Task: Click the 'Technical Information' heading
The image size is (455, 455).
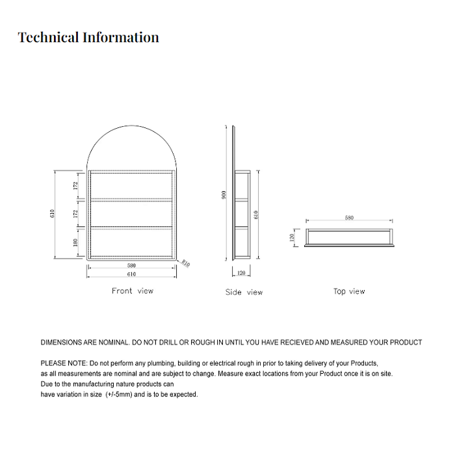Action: click(88, 37)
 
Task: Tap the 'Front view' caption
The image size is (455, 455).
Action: click(133, 291)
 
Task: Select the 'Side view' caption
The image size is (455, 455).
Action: click(244, 292)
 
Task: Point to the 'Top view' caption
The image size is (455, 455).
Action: click(349, 291)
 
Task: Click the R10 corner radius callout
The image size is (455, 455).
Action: click(186, 264)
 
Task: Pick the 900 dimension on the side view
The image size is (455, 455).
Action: click(224, 195)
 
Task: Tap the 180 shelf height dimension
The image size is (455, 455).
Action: click(76, 242)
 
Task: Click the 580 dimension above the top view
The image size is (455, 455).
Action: click(349, 218)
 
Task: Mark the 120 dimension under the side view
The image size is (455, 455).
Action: click(241, 273)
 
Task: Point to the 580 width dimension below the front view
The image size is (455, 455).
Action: click(131, 265)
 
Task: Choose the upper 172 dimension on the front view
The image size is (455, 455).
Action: click(76, 185)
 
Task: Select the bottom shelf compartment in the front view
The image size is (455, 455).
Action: click(131, 241)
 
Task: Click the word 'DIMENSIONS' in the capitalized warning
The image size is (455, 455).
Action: click(61, 342)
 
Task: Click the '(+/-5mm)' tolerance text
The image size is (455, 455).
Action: click(118, 395)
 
